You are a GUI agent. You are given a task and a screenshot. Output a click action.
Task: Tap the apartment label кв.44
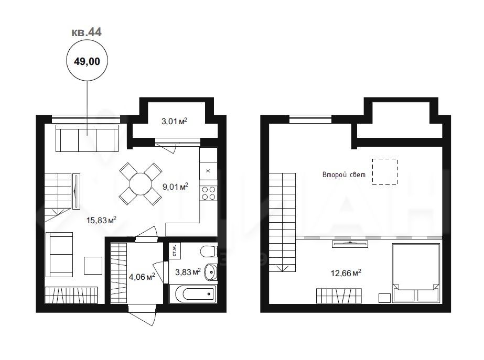(x=87, y=32)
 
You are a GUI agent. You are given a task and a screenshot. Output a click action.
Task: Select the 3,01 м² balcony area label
(x=175, y=121)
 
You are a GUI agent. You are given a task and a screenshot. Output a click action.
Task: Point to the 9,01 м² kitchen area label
(x=175, y=187)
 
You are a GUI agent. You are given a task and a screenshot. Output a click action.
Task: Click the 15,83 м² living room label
(x=101, y=220)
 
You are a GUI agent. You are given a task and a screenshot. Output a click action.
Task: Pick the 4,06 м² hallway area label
(x=142, y=277)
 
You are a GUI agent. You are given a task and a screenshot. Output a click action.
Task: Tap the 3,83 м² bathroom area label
(x=188, y=272)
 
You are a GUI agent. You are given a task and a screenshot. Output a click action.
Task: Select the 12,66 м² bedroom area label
(x=346, y=273)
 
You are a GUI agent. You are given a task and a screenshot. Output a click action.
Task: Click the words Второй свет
(x=344, y=174)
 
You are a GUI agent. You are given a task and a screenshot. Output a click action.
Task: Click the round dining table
(x=141, y=184)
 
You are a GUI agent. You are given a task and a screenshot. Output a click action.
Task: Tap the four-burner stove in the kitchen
(x=208, y=193)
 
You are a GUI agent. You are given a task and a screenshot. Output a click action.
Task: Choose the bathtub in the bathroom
(x=193, y=293)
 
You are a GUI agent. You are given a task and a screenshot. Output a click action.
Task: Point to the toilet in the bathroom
(x=209, y=251)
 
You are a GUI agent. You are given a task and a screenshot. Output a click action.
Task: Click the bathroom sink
(x=211, y=272)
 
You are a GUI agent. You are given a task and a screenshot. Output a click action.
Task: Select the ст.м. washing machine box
(x=175, y=250)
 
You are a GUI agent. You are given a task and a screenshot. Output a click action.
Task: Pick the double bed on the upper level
(x=416, y=273)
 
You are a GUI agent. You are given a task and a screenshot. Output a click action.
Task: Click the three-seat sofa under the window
(x=87, y=138)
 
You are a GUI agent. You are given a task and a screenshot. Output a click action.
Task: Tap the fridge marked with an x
(x=208, y=171)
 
